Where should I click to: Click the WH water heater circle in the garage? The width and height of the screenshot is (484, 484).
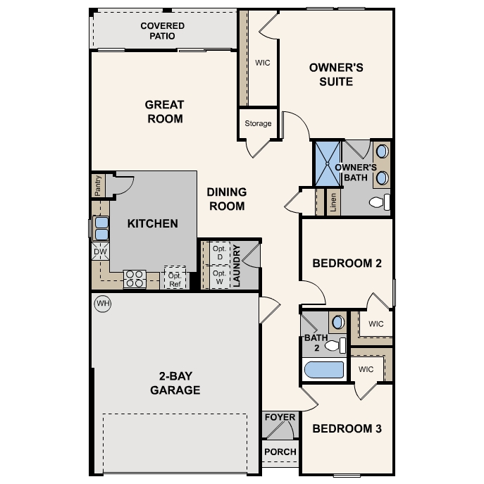pos(103,304)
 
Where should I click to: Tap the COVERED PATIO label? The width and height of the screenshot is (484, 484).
pos(162,31)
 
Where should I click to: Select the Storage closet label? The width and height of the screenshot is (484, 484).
pos(258,123)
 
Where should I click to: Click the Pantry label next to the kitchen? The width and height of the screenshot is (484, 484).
pos(98,186)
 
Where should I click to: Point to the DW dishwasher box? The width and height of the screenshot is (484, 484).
pos(100,250)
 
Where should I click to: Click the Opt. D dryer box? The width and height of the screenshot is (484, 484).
pos(219,253)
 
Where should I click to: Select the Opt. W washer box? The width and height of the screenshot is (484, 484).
pos(219,276)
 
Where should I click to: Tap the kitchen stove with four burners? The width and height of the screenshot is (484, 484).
pos(134,279)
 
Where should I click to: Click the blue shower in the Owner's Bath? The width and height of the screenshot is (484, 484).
pos(327,164)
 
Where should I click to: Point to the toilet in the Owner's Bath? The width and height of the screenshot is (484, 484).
pos(378,203)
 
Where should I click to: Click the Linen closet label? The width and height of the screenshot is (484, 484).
pos(333,203)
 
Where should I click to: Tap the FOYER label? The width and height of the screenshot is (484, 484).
pos(280,418)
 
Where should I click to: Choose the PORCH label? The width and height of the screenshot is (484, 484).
pos(280,452)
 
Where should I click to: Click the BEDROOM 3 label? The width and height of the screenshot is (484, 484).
pos(347,428)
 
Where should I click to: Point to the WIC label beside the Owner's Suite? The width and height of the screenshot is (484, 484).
pos(263,62)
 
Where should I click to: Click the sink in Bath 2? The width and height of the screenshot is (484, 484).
pos(338,322)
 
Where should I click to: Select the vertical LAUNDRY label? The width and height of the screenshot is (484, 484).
pos(237,266)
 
